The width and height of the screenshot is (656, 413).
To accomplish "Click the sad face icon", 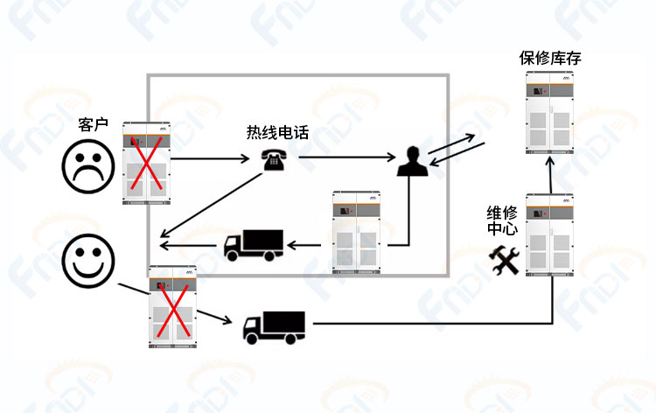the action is (x=88, y=166).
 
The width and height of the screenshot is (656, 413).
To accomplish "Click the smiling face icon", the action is (x=88, y=261).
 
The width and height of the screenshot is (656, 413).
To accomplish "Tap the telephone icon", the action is (x=274, y=160).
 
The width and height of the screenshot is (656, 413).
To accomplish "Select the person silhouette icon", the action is (x=413, y=161).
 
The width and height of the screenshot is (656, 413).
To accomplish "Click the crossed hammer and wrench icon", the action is (x=504, y=260).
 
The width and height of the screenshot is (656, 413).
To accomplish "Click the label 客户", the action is (x=94, y=124).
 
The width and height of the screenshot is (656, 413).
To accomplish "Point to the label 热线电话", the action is (x=277, y=132).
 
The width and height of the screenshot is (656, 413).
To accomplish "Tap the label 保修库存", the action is (x=550, y=58).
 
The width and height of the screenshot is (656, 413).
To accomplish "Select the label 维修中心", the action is (x=502, y=220).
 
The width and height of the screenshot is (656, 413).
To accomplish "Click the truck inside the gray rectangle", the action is (x=254, y=245).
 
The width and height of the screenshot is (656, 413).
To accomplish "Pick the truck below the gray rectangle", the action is (x=274, y=327).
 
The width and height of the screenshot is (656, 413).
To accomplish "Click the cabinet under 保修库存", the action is (x=549, y=113).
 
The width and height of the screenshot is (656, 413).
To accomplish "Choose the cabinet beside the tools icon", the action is (x=549, y=234).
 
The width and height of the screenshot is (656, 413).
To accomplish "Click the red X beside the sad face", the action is (x=146, y=163).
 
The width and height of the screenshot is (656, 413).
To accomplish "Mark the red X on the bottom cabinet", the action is (x=173, y=310).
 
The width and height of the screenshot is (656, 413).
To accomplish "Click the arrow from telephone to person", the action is (x=347, y=157).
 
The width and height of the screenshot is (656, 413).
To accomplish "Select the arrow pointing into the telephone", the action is (x=210, y=158).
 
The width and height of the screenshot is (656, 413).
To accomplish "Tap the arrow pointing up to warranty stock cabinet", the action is (x=550, y=175).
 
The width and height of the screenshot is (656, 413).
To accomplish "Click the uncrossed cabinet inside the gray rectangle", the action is (x=357, y=232).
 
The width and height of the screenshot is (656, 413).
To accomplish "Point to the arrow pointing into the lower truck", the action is (x=214, y=317).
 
